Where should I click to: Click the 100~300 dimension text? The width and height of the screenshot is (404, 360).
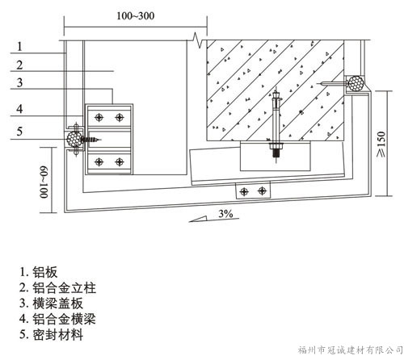point(136,16)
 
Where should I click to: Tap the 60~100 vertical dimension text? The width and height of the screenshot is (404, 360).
point(44,182)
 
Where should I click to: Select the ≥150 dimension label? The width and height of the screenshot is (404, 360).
point(381,144)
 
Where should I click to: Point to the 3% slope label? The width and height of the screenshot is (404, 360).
point(225,214)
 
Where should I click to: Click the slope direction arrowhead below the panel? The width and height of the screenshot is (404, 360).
point(198,219)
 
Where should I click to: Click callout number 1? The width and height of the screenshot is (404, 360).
point(19,47)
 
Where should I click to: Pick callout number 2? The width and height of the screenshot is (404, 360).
point(19,65)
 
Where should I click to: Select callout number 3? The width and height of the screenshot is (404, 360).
point(19,82)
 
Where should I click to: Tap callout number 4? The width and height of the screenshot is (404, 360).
point(19,109)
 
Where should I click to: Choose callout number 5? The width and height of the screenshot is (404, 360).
point(19,132)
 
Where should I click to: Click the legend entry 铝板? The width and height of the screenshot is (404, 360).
point(39,272)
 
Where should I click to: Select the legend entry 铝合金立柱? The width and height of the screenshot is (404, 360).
point(57,287)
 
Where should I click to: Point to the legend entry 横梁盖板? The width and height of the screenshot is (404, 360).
point(51,303)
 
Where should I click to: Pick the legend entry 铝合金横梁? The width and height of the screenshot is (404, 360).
point(57,319)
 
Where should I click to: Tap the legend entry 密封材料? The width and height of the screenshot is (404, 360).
point(51,335)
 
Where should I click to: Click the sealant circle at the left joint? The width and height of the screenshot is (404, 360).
point(74,139)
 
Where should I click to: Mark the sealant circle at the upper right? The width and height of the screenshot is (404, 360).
point(356,83)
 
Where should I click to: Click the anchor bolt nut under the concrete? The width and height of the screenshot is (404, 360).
point(276,147)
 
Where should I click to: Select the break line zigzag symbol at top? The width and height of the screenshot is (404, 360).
point(198,40)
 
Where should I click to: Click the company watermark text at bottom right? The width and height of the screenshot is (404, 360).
point(350,350)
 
